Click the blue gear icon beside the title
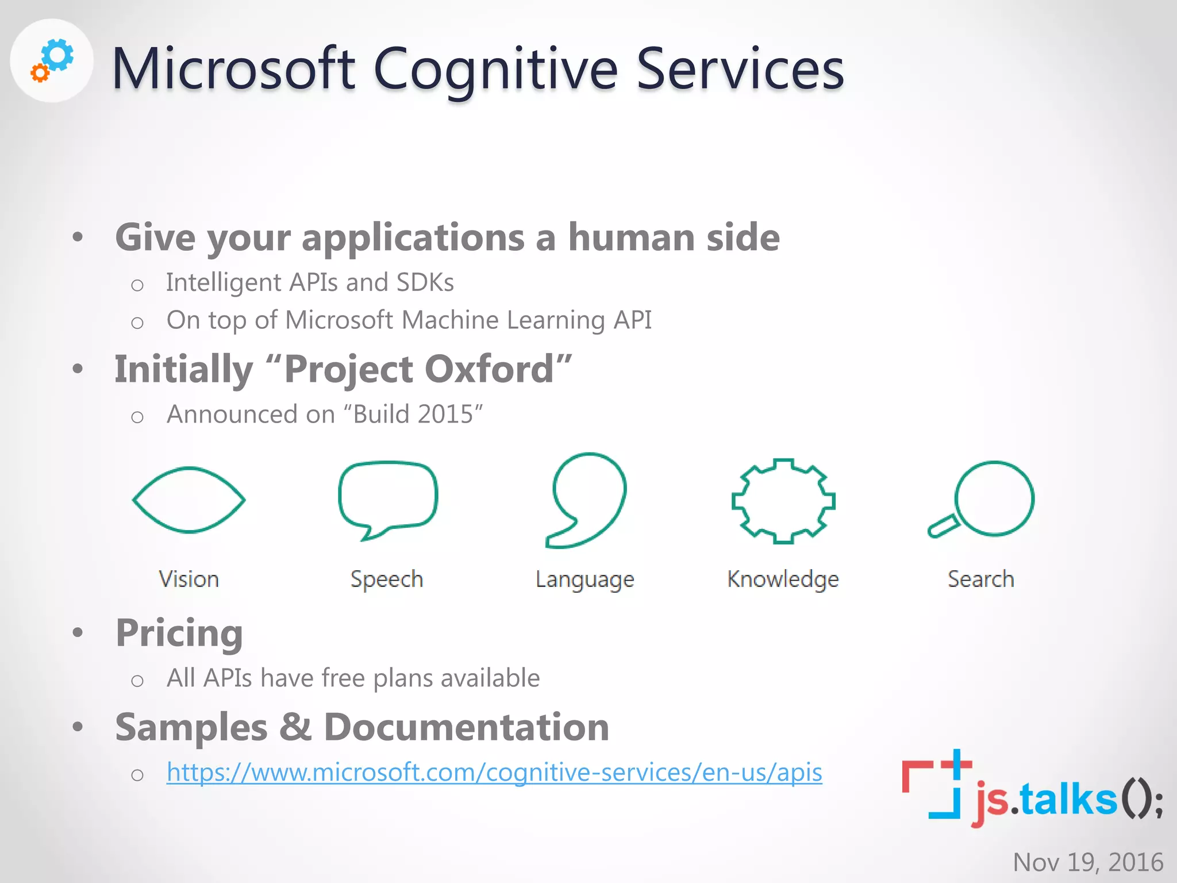click(59, 55)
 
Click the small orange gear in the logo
click(39, 73)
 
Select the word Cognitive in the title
click(495, 70)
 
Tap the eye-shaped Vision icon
click(189, 500)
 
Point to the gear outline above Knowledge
click(783, 501)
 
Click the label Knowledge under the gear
click(783, 579)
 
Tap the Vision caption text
click(189, 579)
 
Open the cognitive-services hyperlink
click(494, 772)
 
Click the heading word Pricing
click(179, 633)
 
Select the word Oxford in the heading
click(489, 369)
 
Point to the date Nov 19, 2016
click(1088, 862)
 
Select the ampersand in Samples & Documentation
click(295, 727)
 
